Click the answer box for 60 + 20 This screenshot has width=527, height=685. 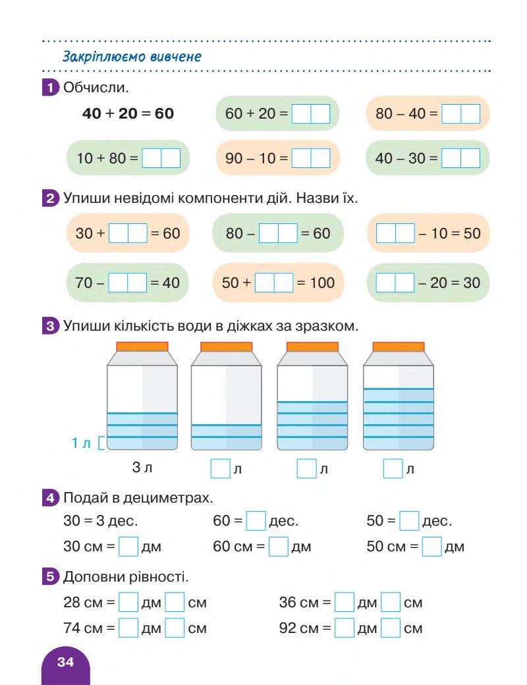[310, 115]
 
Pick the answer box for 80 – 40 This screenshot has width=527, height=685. [460, 115]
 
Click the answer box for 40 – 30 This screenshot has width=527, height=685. [460, 160]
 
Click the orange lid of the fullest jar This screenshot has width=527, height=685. [398, 347]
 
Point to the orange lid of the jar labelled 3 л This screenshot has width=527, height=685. [142, 347]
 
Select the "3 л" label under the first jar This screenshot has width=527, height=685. [142, 469]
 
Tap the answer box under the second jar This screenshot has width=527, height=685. [219, 469]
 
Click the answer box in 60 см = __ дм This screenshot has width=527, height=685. [279, 546]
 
